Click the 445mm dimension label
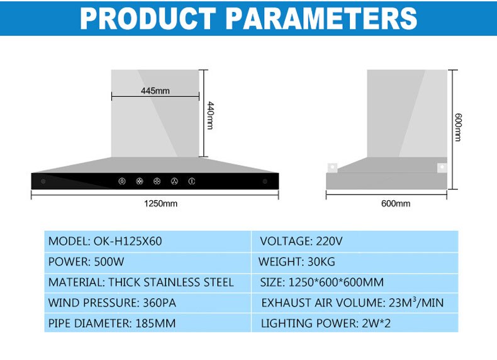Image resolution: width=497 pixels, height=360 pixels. [155, 91]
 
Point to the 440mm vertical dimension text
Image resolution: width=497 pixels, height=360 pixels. [210, 115]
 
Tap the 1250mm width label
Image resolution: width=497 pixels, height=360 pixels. [160, 203]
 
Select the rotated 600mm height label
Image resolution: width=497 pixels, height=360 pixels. [458, 127]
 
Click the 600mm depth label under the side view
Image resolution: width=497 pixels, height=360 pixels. [396, 203]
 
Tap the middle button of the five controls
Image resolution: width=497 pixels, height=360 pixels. [157, 181]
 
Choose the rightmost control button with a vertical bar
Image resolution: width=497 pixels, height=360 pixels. [191, 181]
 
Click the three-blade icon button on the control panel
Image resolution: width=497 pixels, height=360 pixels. [174, 181]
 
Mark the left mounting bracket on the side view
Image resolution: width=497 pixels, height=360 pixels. [332, 167]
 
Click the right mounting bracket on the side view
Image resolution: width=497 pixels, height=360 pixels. [442, 167]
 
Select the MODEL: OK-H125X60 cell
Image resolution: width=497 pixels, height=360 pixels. [148, 242]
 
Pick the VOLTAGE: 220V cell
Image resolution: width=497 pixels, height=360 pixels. [355, 242]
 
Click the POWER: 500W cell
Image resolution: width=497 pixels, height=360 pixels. [148, 262]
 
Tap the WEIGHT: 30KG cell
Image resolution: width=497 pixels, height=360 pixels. [355, 262]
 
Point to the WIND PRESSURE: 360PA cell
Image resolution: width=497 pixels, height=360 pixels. [148, 303]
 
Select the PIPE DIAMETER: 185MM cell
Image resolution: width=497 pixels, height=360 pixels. [148, 323]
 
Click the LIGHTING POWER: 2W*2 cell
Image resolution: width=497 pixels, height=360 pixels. [355, 323]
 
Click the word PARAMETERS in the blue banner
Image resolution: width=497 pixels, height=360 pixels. [321, 19]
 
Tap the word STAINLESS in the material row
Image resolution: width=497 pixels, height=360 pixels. [171, 283]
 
